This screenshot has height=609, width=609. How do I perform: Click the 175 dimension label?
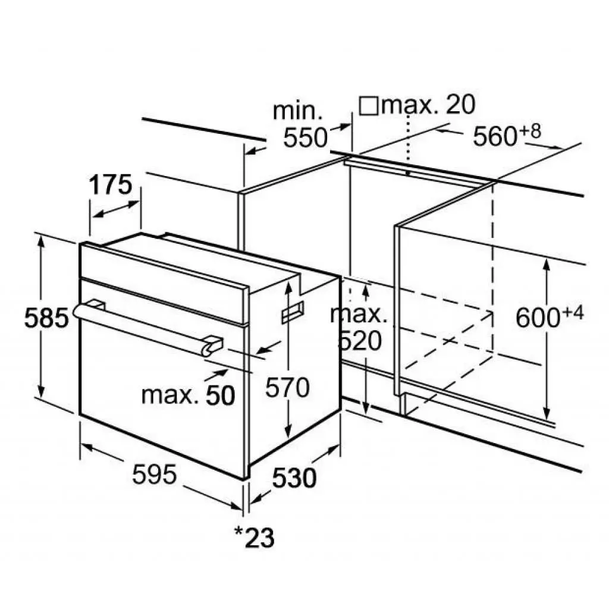[111, 186]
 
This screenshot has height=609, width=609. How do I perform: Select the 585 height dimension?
[46, 318]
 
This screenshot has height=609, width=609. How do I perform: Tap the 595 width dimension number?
[155, 474]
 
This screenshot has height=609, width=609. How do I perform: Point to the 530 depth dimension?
[294, 478]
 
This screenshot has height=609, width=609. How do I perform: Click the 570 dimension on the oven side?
[287, 387]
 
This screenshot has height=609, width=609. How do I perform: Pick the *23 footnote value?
[255, 537]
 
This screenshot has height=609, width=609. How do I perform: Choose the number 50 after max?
[221, 395]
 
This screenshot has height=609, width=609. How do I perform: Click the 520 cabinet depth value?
[360, 341]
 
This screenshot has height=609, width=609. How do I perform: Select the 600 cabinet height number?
[538, 318]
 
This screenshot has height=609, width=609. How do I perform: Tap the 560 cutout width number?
[495, 136]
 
